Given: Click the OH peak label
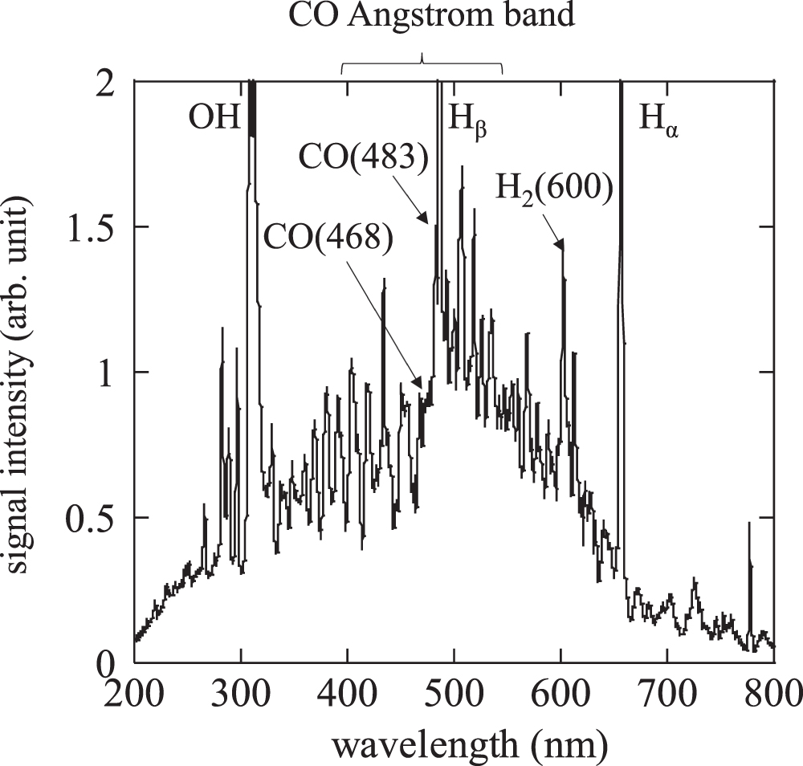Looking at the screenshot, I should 214,119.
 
